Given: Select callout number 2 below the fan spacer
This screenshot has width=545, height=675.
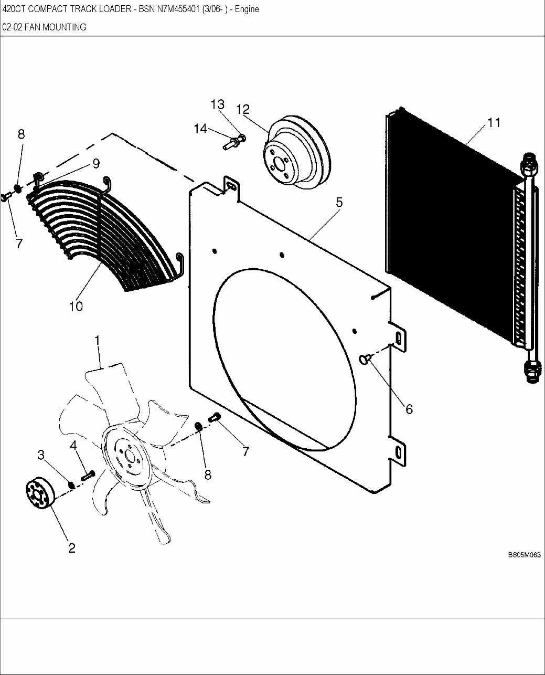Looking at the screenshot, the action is click(72, 548).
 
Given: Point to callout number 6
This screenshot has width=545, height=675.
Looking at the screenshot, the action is click(409, 409).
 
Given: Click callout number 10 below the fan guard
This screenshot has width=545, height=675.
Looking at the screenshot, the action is click(76, 306).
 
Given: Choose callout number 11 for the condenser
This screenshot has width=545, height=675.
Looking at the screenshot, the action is click(494, 123).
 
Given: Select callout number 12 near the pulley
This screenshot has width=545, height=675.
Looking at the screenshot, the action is click(242, 109).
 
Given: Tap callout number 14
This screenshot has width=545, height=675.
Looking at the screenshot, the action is click(200, 129).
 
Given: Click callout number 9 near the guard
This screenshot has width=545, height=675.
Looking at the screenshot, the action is click(96, 164).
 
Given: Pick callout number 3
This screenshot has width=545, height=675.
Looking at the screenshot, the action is click(41, 455).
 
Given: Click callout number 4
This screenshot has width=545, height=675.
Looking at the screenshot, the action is click(73, 445).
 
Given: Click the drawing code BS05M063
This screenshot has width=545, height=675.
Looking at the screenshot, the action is click(523, 555).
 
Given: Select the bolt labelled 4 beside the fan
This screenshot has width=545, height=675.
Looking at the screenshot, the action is click(87, 475).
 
